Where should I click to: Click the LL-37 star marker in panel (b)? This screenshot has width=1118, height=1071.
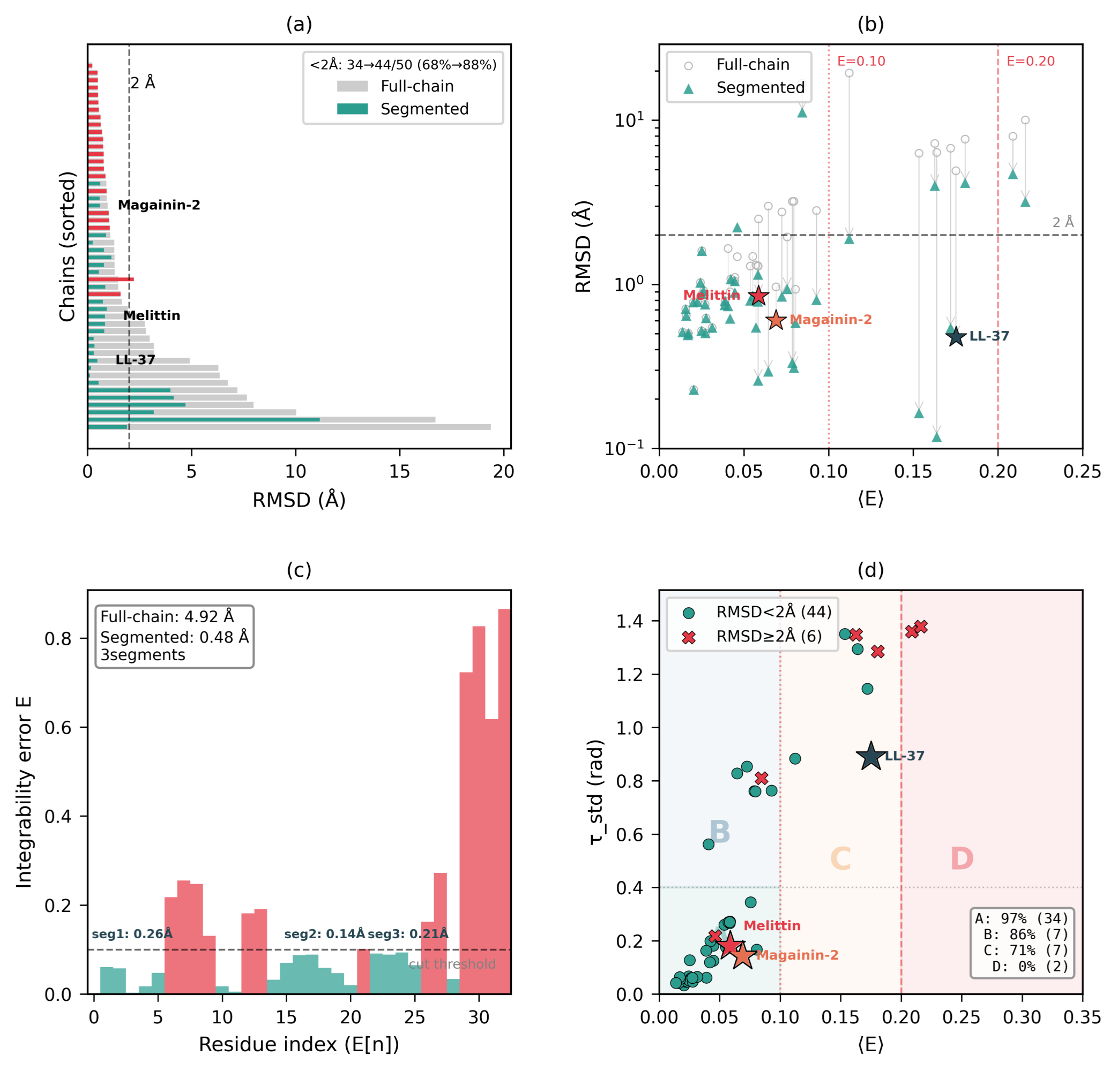(956, 336)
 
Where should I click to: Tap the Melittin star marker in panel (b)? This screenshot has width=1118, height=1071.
(758, 296)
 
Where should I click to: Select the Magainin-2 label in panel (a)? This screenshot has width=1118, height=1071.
(159, 205)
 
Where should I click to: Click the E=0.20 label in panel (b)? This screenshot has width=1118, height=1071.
(1030, 62)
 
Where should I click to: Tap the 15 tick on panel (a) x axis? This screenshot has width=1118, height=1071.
(399, 471)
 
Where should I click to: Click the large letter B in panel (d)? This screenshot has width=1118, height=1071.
(719, 832)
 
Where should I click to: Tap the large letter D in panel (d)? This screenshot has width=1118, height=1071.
(962, 859)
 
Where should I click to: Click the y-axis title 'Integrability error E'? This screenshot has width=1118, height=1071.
(24, 793)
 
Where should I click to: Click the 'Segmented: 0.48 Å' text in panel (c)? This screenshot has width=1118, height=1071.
(175, 637)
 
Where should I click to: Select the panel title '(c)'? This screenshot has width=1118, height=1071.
(299, 570)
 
